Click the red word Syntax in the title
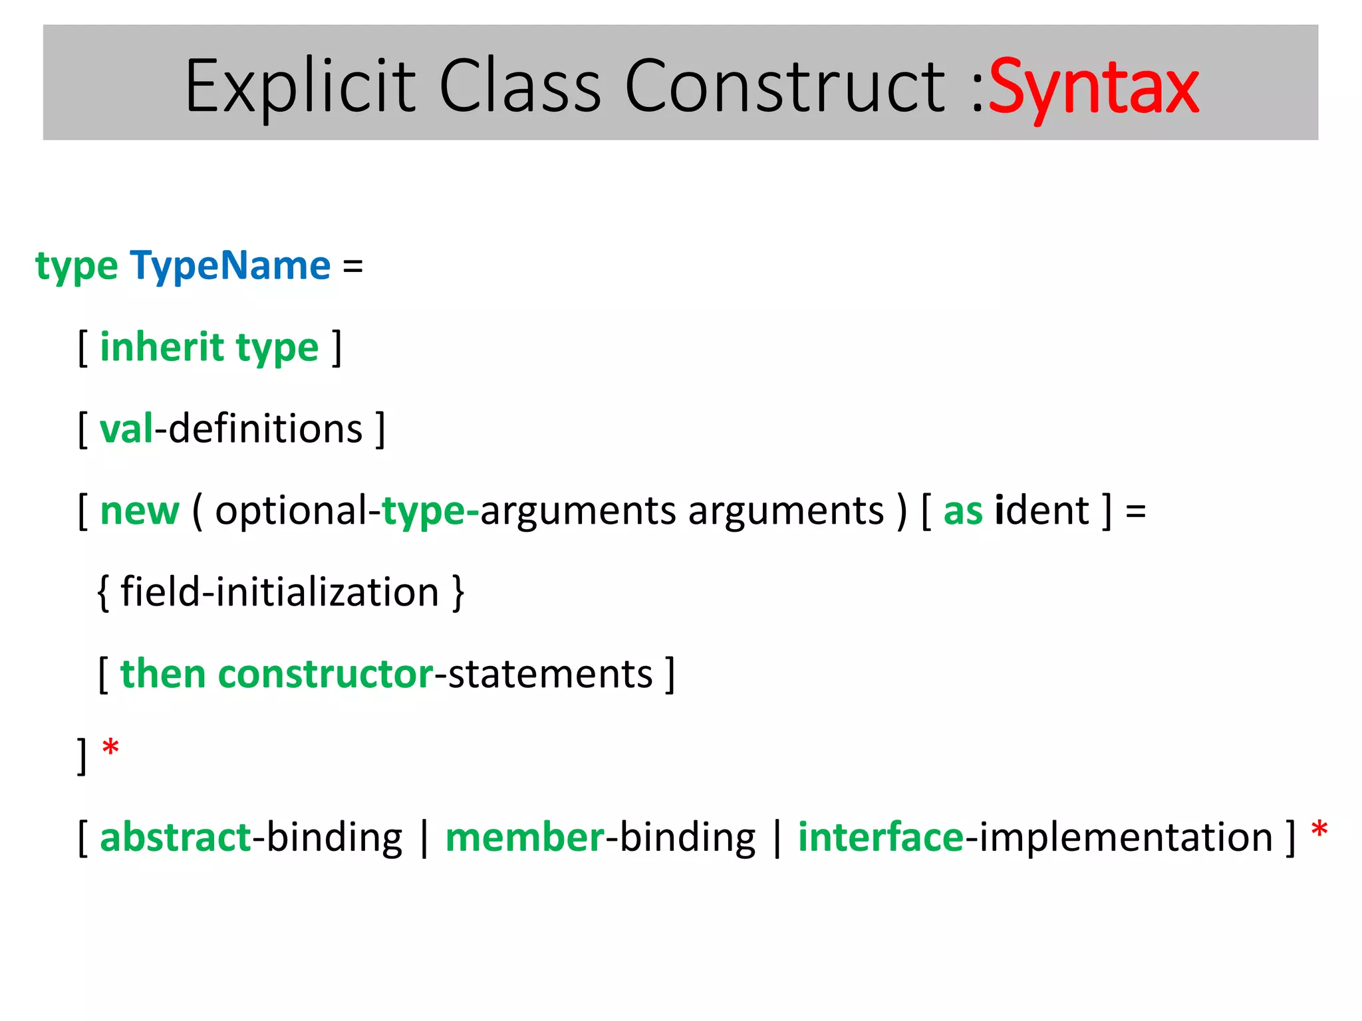[1093, 88]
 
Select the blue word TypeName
[230, 266]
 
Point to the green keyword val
[126, 429]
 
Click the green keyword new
[140, 510]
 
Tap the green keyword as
[962, 510]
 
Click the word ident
[1041, 510]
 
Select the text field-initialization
[280, 592]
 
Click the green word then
[163, 673]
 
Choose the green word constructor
[326, 673]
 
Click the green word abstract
[176, 837]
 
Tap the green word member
[525, 837]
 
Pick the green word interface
[881, 837]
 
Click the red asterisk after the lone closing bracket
[110, 749]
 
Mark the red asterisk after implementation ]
[1319, 831]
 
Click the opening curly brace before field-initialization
[102, 592]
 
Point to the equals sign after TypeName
[352, 267]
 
